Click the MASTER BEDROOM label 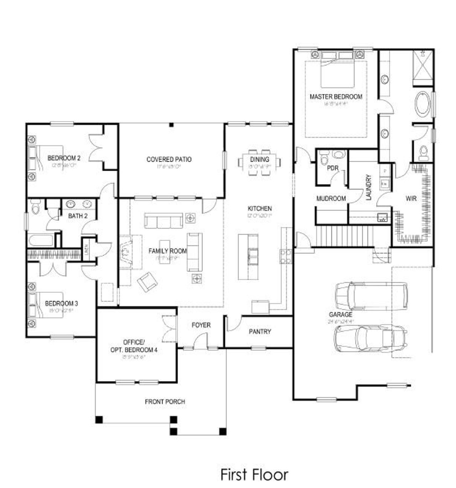coord(336,97)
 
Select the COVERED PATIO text coord(169,159)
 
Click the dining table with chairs coord(259,162)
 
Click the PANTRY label coord(260,332)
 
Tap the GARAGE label coord(340,315)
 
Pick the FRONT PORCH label coord(165,402)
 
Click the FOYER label coord(201,325)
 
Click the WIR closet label coord(411,199)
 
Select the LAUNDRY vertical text coord(369,187)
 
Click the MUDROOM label coord(331,199)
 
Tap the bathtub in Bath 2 coord(41,240)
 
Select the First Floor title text coord(254,474)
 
